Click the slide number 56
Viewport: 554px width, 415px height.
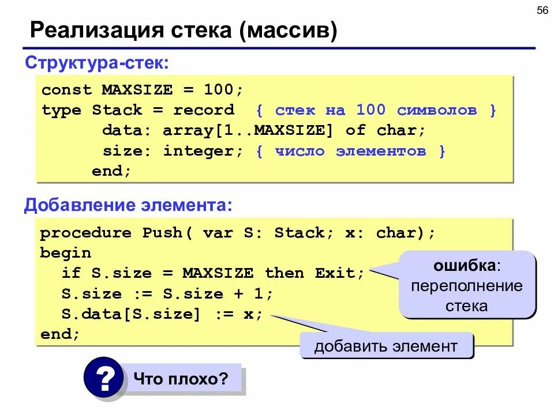542,12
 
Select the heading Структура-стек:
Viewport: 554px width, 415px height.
96,62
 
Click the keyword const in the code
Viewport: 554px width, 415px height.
66,90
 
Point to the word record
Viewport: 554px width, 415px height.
204,110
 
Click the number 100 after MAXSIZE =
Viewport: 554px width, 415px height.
219,90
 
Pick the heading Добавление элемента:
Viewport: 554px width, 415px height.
129,205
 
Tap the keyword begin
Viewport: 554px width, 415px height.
66,253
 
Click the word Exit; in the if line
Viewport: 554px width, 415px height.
340,273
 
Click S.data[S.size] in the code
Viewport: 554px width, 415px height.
132,314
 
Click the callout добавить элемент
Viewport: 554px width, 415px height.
385,346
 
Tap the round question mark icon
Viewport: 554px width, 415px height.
103,378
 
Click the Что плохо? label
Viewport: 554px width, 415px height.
181,379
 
